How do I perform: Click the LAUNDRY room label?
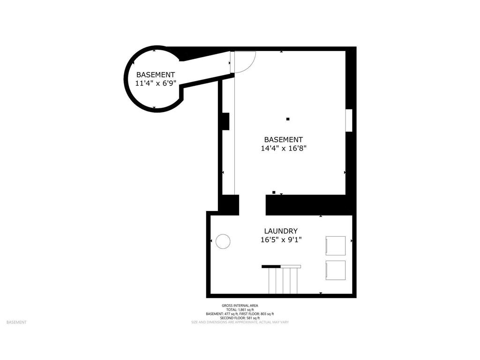pyautogui.click(x=281, y=231)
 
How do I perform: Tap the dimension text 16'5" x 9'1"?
pyautogui.click(x=281, y=240)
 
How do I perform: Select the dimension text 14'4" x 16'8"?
pyautogui.click(x=284, y=149)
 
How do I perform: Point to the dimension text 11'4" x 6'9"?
pyautogui.click(x=156, y=83)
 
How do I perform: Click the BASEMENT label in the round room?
pyautogui.click(x=156, y=75)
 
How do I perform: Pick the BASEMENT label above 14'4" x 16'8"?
pyautogui.click(x=284, y=139)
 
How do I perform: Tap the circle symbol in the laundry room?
pyautogui.click(x=223, y=241)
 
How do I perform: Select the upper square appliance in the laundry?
pyautogui.click(x=335, y=245)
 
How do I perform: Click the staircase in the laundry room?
pyautogui.click(x=283, y=278)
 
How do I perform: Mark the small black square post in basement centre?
pyautogui.click(x=288, y=119)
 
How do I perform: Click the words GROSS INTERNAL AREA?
pyautogui.click(x=240, y=306)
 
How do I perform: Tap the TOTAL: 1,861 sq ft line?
pyautogui.click(x=240, y=310)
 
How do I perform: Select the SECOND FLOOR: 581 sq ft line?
pyautogui.click(x=240, y=318)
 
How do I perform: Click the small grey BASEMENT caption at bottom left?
pyautogui.click(x=16, y=322)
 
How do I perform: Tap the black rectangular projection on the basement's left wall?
pyautogui.click(x=225, y=121)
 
